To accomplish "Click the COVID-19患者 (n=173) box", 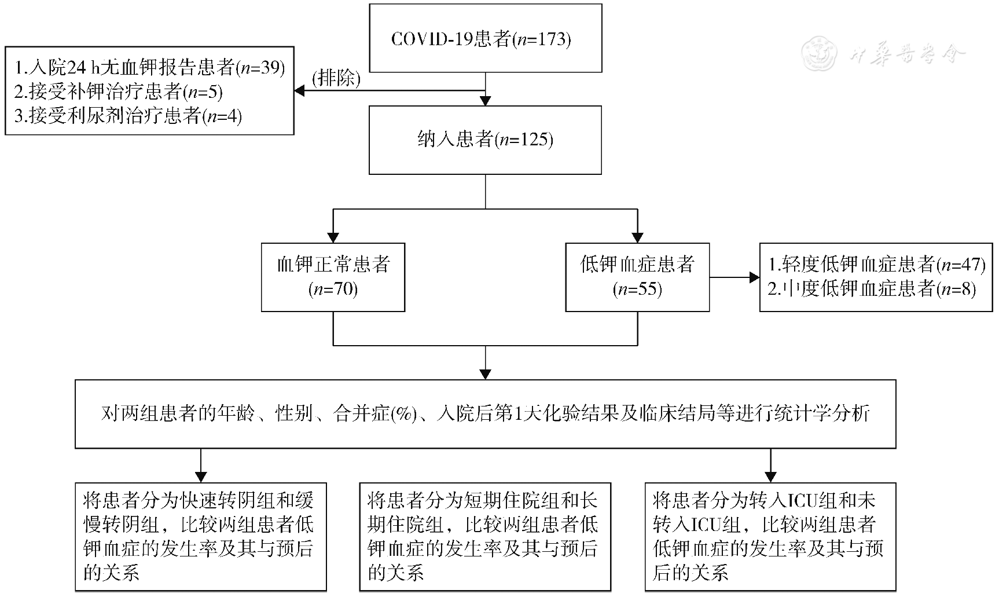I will tap(485, 38).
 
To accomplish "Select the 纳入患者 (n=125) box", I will tap(485, 140).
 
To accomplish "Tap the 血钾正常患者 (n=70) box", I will tap(333, 277).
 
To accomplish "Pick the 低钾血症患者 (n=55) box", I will tap(637, 277).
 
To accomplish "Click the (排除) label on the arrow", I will tap(336, 78).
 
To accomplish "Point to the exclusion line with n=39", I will tap(150, 68).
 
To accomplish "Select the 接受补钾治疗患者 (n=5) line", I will tap(119, 91).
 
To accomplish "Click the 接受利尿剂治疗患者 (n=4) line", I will tap(128, 116).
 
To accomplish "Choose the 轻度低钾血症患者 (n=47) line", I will tap(876, 265).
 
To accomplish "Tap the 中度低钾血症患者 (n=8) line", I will tap(872, 288).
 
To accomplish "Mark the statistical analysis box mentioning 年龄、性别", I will tap(485, 413).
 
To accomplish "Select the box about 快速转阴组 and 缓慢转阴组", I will tap(200, 536).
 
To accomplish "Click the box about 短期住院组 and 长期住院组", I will tap(485, 536).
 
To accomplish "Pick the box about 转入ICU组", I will tap(770, 536).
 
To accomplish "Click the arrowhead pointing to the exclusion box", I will tap(300, 91).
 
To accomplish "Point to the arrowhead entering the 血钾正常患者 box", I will tap(333, 237).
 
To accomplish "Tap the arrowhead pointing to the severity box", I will tap(754, 277).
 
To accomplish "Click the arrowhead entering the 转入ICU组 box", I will tap(770, 477).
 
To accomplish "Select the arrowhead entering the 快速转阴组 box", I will tap(200, 477).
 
